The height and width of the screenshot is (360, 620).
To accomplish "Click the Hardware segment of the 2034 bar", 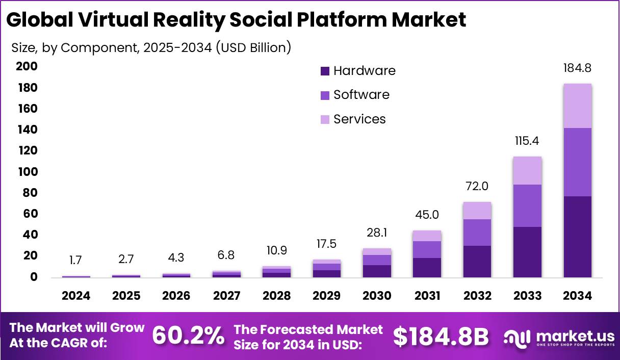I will [577, 237].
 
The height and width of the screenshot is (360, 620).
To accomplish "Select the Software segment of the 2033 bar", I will [527, 205].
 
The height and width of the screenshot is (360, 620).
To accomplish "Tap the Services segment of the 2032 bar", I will [477, 211].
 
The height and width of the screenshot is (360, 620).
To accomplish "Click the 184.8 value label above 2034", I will [577, 68].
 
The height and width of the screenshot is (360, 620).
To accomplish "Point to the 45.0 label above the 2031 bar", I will [426, 215].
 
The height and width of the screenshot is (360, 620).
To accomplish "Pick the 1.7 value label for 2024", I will [75, 261].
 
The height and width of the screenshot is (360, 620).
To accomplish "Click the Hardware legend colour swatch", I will [325, 71].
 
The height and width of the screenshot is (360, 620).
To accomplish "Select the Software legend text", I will [361, 95].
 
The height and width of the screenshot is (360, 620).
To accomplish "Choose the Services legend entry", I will [359, 119].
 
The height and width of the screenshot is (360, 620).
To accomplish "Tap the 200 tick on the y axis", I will [26, 66].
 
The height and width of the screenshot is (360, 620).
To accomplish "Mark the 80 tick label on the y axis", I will [29, 193].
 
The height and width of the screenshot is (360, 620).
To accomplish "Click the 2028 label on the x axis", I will [276, 296].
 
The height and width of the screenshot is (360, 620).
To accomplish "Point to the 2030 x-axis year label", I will [377, 296].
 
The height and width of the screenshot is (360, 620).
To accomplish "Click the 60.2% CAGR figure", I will [188, 336].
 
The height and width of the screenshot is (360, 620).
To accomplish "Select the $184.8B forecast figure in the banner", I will [441, 337].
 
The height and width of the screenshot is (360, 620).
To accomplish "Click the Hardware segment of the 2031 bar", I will [427, 267].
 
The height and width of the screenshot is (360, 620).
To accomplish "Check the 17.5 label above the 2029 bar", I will [326, 244].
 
